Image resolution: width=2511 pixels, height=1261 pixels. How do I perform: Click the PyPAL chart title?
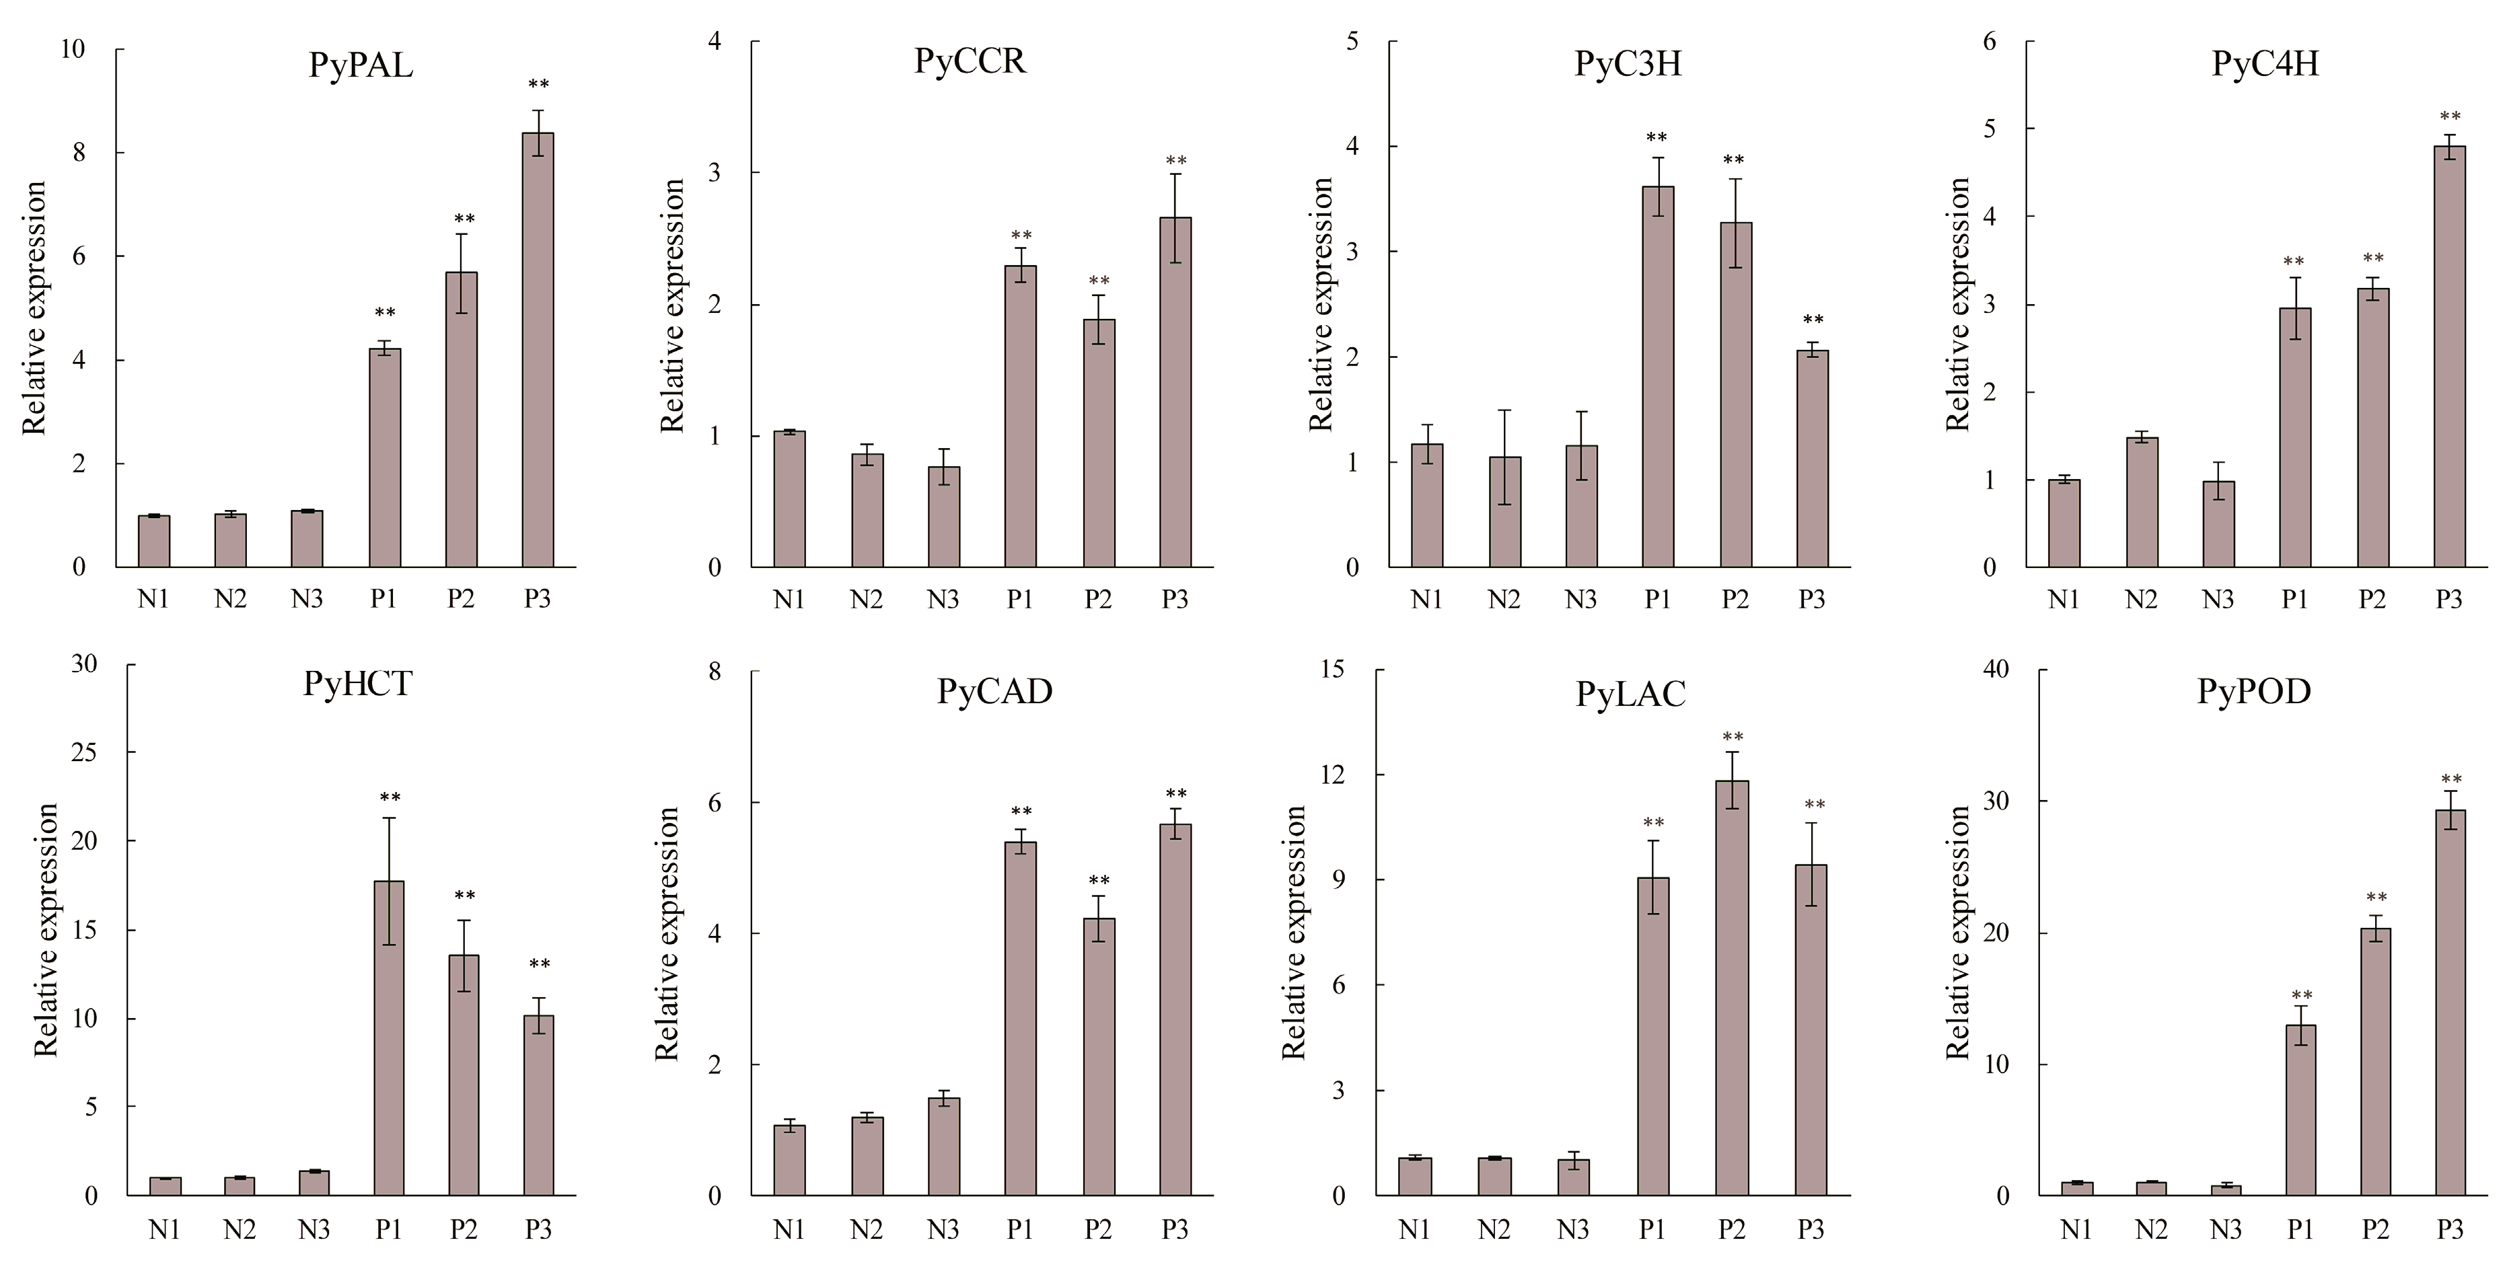click(361, 65)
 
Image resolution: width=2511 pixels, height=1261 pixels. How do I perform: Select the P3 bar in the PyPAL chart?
click(538, 350)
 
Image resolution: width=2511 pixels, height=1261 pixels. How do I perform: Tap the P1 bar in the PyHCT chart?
click(389, 1037)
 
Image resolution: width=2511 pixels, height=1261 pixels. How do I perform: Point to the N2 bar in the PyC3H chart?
click(1505, 511)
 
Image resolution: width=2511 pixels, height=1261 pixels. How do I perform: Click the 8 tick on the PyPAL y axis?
click(79, 153)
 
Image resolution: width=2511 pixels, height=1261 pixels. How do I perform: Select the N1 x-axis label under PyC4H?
click(2064, 600)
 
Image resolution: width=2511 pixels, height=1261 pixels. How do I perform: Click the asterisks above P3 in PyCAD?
click(1175, 793)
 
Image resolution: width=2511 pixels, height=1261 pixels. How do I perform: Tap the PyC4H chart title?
click(2265, 63)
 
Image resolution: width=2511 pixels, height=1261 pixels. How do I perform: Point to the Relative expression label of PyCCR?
click(673, 305)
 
